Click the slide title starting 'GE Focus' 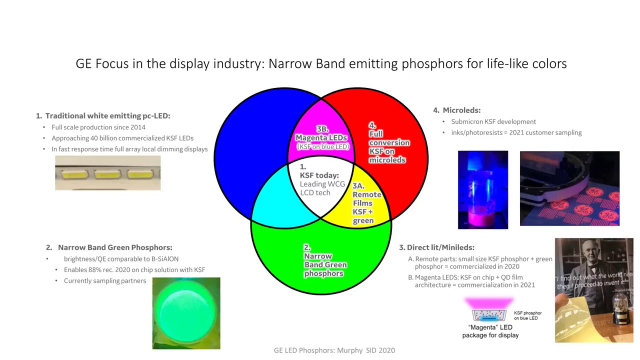coord(320,64)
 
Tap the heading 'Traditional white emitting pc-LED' coord(107,115)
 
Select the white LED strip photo coord(107,173)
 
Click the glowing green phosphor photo coord(186,313)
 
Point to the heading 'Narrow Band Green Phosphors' coord(114,247)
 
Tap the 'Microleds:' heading coord(461,110)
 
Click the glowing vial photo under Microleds coord(482,189)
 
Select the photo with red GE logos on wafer coord(569,188)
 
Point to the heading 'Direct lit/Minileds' coord(440,247)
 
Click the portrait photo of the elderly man coord(593,290)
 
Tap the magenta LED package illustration coord(488,310)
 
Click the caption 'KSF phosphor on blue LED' coord(527,315)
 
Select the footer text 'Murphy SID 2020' coord(334,350)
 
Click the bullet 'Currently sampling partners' coord(104,281)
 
